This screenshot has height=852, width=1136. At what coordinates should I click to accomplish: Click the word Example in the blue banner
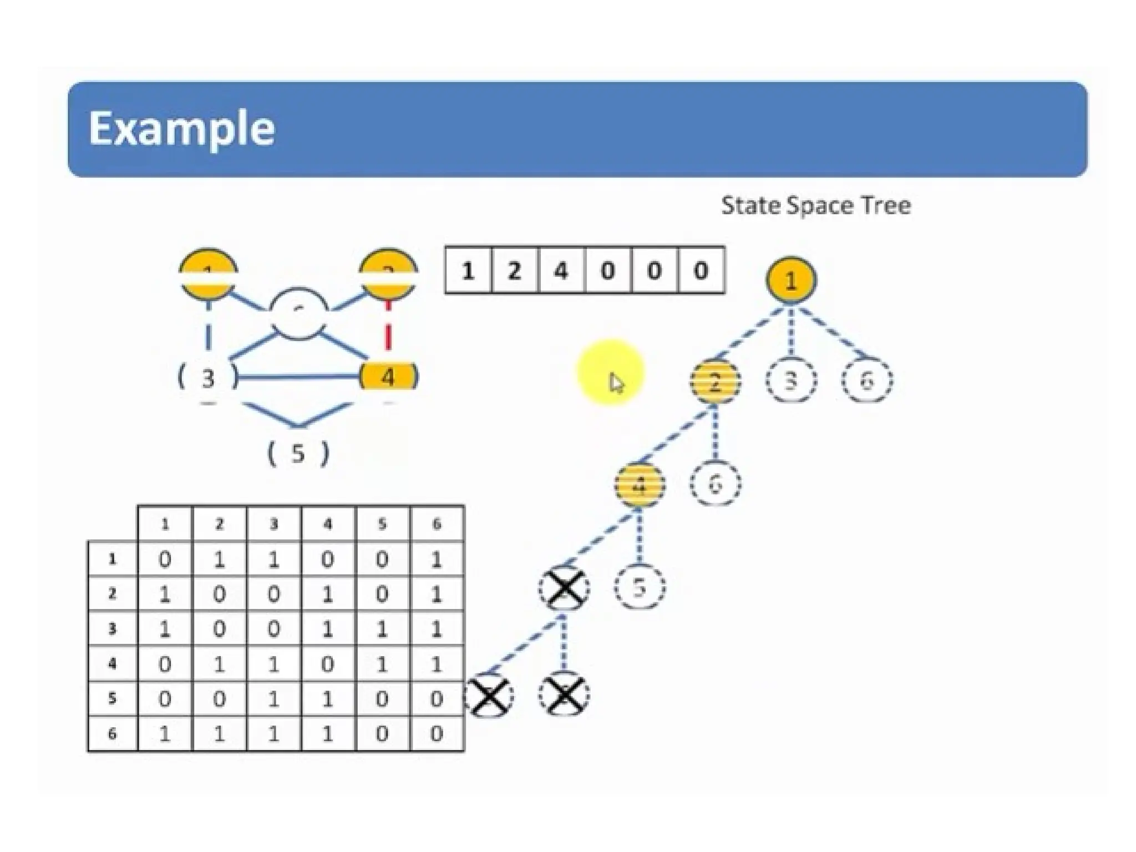[x=181, y=129]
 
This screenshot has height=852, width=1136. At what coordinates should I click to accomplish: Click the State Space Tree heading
[x=815, y=206]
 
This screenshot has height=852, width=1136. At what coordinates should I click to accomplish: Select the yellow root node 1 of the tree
[x=791, y=280]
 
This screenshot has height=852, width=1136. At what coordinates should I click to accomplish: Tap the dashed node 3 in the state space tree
[x=791, y=381]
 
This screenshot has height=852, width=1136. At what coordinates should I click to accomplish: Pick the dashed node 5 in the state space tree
[x=640, y=587]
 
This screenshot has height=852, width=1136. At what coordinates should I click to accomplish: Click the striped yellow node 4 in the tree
[x=639, y=485]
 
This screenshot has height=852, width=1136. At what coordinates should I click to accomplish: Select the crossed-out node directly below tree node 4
[x=564, y=588]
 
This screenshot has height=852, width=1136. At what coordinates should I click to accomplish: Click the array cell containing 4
[x=561, y=271]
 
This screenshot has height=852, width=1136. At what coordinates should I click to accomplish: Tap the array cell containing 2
[x=515, y=271]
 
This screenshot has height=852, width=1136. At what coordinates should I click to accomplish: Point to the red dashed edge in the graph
[x=388, y=324]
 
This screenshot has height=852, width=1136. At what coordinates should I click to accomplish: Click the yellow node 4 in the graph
[x=388, y=377]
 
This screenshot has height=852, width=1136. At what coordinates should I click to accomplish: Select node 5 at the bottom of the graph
[x=298, y=453]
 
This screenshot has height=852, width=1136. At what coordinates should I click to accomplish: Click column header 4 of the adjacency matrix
[x=328, y=524]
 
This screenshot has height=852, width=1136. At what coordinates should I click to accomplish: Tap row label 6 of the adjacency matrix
[x=113, y=734]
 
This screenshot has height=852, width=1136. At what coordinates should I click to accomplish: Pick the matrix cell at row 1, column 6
[x=437, y=560]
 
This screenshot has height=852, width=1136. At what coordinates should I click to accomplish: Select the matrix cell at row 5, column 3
[x=273, y=699]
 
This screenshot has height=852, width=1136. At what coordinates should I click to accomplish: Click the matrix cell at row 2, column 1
[x=165, y=595]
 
